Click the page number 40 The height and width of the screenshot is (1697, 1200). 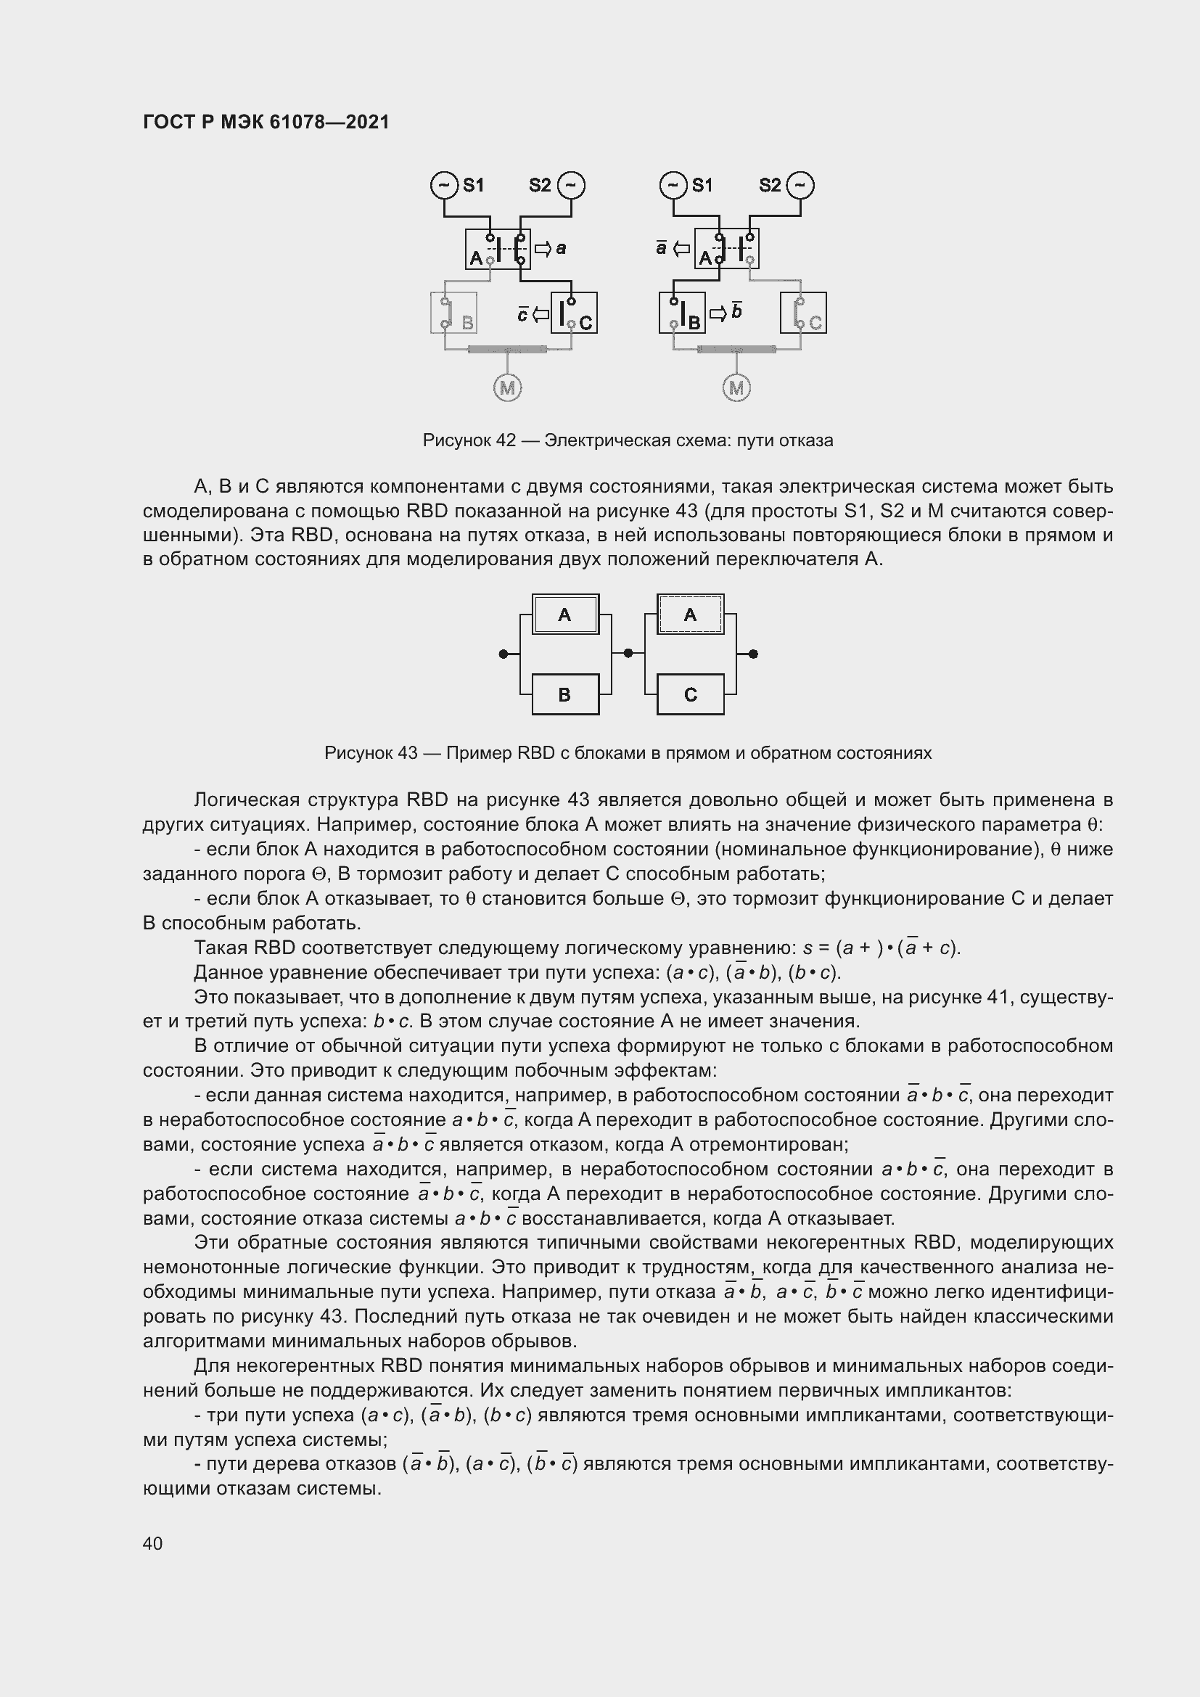(x=153, y=1543)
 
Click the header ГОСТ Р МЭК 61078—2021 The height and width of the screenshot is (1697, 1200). (x=266, y=123)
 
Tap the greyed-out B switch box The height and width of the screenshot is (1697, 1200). (x=453, y=313)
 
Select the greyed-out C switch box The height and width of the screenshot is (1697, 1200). (x=803, y=313)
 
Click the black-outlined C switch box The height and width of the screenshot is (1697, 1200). (x=574, y=313)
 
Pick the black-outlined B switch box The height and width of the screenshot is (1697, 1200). (x=682, y=313)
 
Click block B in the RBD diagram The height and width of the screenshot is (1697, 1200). (x=565, y=694)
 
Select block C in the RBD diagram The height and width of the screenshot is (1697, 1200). (x=690, y=694)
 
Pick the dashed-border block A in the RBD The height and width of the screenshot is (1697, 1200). (x=690, y=615)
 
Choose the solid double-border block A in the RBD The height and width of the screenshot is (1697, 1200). (x=565, y=615)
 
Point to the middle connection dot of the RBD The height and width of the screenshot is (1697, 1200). (x=628, y=654)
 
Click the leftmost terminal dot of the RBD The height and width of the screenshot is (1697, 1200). (x=504, y=654)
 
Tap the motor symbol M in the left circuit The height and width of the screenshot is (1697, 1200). (x=508, y=387)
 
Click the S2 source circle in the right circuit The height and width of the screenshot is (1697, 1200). (x=800, y=185)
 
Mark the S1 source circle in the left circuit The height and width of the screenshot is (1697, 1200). (x=444, y=185)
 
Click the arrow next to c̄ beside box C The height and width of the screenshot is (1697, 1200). (x=541, y=315)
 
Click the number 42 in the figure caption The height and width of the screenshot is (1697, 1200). (x=506, y=440)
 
